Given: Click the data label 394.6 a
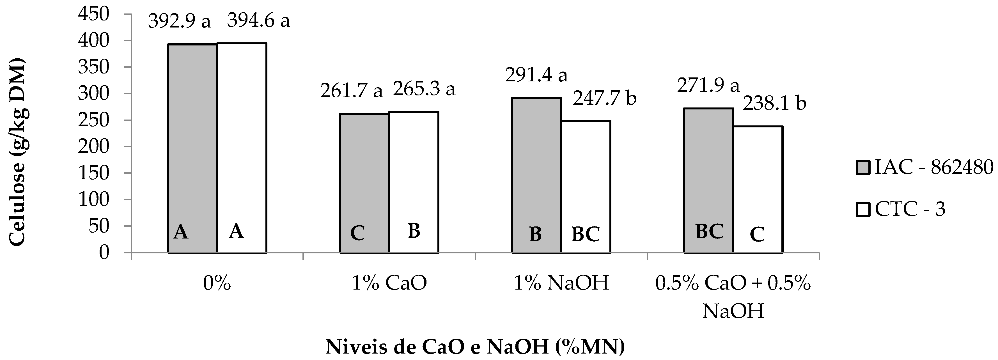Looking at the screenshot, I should pos(258,20).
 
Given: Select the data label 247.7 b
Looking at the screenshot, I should pos(605,98).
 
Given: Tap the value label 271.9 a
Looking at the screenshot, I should pos(708,85).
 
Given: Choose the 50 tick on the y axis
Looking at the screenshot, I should pos(99,226).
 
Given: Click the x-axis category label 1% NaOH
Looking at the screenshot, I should pos(561,284).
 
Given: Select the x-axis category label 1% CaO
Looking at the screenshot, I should pos(389,284).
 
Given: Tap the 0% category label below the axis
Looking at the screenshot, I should pos(217,284).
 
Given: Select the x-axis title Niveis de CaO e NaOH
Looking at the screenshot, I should pos(475,347).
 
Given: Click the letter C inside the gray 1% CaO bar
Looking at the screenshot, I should pos(357,234).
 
